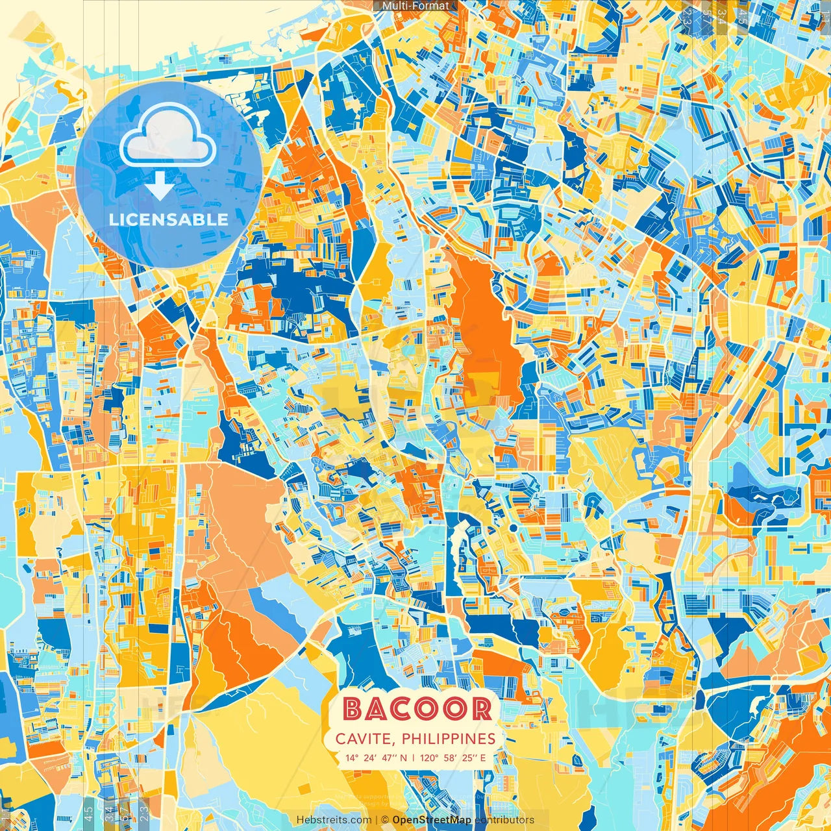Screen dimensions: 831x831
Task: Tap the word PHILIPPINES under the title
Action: pos(448,739)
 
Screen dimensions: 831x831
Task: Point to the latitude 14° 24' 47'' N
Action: pos(377,758)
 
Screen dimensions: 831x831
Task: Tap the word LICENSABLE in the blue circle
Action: pos(169,219)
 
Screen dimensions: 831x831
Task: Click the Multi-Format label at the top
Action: pos(415,6)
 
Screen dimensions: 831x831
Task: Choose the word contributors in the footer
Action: pos(504,820)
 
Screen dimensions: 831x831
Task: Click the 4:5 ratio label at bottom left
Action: pos(88,812)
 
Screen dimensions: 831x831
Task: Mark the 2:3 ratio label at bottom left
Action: pos(144,812)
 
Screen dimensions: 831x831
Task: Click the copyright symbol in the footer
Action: pos(384,820)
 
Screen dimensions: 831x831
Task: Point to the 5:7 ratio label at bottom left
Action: pos(125,812)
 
